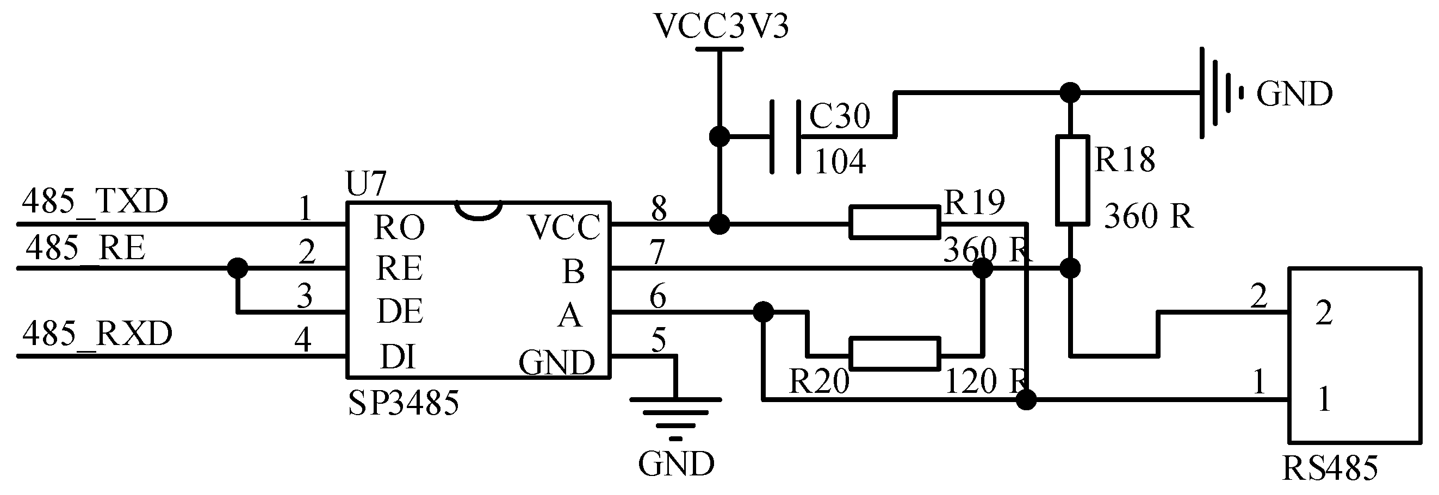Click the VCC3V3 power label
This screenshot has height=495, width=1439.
pyautogui.click(x=721, y=26)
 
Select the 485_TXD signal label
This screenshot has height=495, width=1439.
pyautogui.click(x=95, y=202)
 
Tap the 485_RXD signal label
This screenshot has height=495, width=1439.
pyautogui.click(x=97, y=334)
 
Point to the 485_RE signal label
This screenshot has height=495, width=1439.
pyautogui.click(x=85, y=248)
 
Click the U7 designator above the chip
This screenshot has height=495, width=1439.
pyautogui.click(x=366, y=184)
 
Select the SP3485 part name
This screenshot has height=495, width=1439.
pyautogui.click(x=404, y=403)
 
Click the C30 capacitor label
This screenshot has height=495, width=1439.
pyautogui.click(x=840, y=117)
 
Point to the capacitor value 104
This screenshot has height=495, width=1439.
pyautogui.click(x=840, y=162)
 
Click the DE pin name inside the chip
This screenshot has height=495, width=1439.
pyautogui.click(x=400, y=311)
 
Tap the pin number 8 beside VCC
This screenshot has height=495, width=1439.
pyautogui.click(x=659, y=209)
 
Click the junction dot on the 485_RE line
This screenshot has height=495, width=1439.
pyautogui.click(x=238, y=268)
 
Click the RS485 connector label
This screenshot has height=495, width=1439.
pyautogui.click(x=1330, y=469)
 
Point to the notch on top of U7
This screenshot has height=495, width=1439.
pyautogui.click(x=479, y=210)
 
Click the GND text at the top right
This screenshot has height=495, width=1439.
pyautogui.click(x=1294, y=94)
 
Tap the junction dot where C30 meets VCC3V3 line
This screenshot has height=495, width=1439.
pyautogui.click(x=719, y=136)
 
